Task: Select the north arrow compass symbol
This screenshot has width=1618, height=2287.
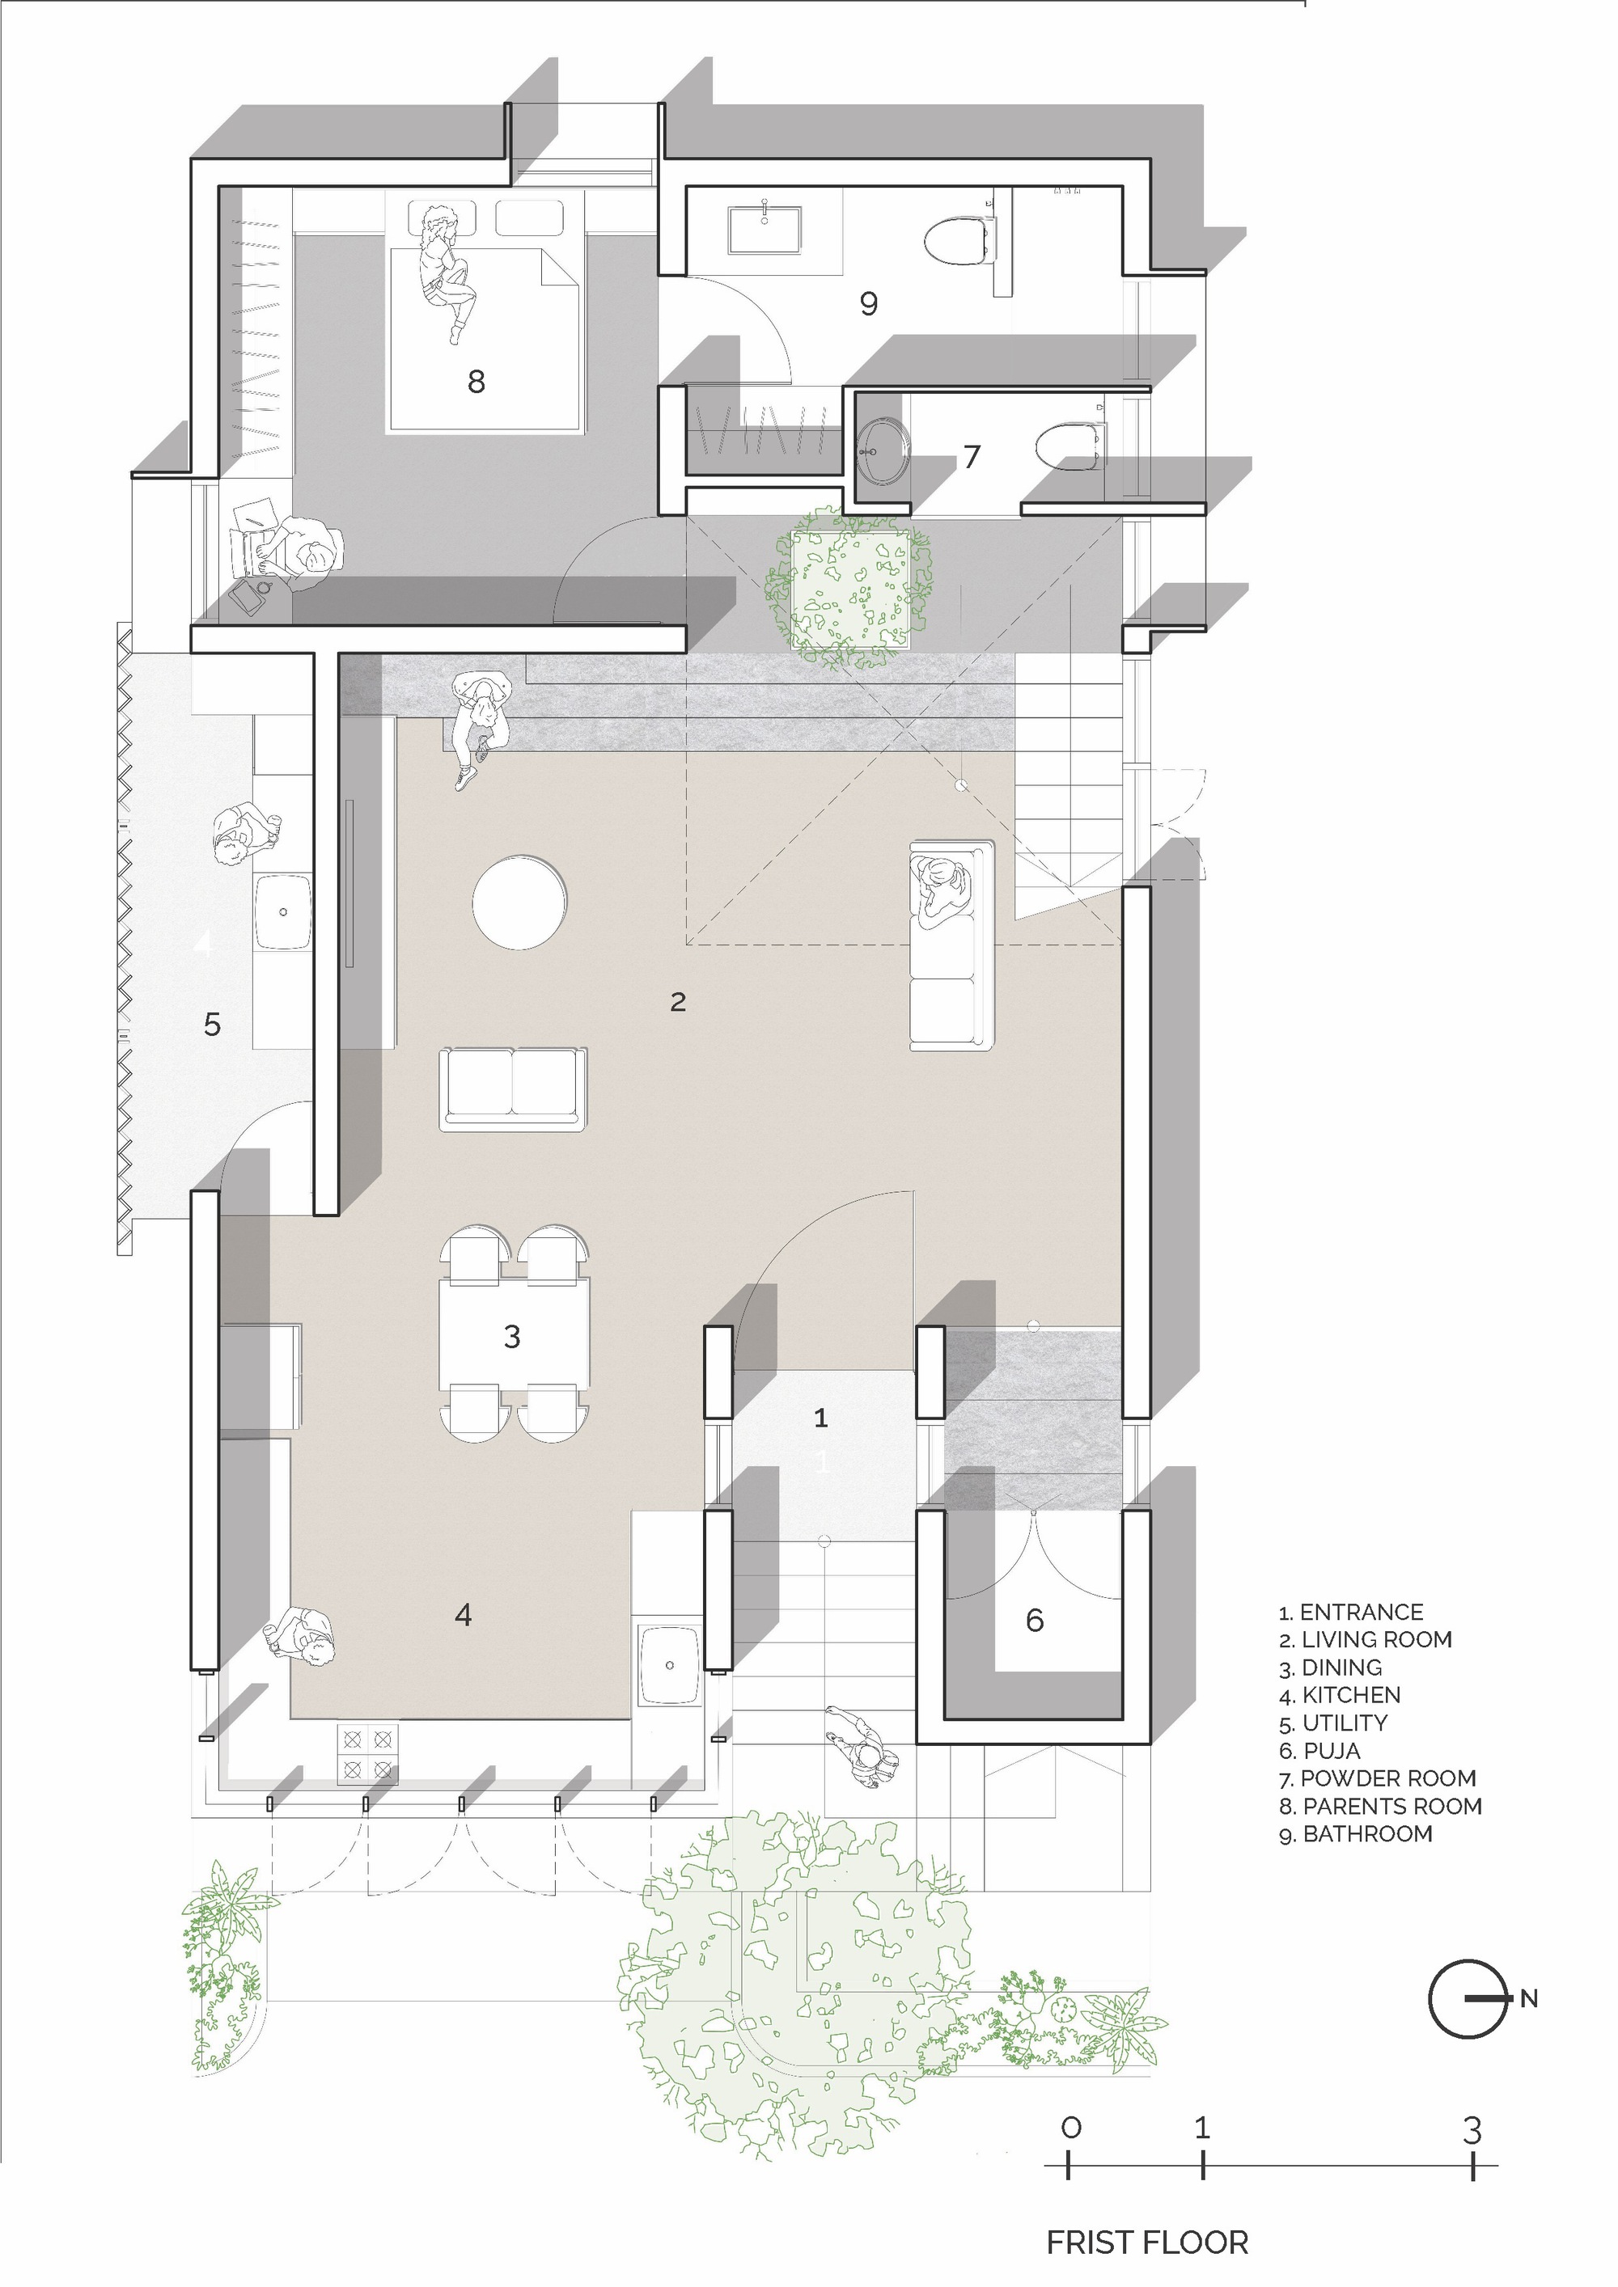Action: tap(1471, 1998)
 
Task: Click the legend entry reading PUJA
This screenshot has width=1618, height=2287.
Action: tap(1320, 1750)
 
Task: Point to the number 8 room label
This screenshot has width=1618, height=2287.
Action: tap(477, 381)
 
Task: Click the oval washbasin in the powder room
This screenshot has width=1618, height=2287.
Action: tap(882, 450)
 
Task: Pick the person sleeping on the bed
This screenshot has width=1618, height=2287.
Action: tap(449, 274)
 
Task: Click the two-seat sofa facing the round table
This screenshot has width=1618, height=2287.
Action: tap(513, 1089)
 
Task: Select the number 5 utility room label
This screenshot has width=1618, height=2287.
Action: tap(211, 1024)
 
